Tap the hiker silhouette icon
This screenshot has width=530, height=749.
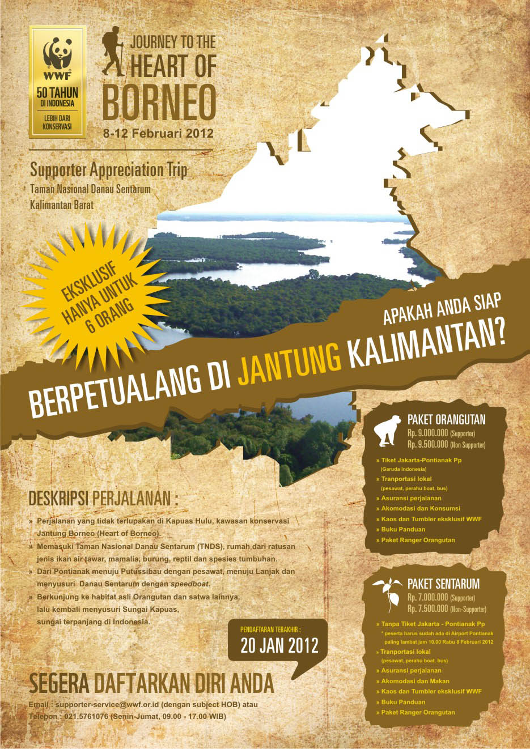click(114, 54)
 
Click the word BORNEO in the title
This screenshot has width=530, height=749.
click(159, 103)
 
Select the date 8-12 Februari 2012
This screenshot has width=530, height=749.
click(158, 134)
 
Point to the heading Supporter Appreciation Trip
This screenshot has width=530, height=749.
click(108, 170)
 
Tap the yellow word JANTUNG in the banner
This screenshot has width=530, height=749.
click(290, 369)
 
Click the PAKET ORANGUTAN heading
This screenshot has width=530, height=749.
click(446, 420)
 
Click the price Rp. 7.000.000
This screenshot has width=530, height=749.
click(427, 598)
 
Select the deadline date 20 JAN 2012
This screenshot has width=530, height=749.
click(279, 646)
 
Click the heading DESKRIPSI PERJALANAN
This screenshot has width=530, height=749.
click(103, 499)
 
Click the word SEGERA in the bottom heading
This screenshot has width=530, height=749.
click(60, 684)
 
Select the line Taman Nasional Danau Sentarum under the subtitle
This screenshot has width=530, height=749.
click(90, 189)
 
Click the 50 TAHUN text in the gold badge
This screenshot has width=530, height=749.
click(57, 92)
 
